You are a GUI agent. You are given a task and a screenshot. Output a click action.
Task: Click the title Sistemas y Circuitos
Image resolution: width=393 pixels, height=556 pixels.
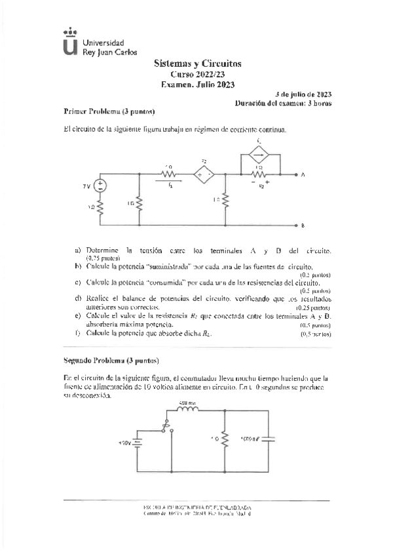coord(197,64)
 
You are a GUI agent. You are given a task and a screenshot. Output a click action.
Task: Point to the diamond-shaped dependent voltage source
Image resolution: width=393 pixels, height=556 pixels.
coord(204,175)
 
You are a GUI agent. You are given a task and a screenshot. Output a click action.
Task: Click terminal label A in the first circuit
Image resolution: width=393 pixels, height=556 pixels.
coord(303,175)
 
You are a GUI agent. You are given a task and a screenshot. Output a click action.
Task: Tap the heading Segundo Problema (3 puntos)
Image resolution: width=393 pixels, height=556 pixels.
coord(111,361)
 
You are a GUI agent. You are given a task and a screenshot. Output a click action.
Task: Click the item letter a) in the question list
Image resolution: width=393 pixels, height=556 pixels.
coord(78,250)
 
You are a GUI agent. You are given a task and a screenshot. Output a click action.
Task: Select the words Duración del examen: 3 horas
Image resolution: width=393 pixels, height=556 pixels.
coord(283,104)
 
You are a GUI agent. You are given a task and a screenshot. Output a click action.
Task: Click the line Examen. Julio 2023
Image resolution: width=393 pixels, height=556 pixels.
coord(197,85)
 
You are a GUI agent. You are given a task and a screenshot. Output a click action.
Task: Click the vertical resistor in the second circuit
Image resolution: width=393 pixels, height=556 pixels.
coord(225,437)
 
